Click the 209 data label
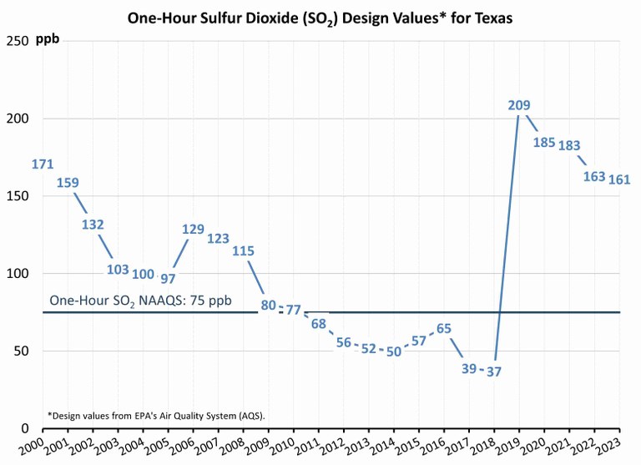519,105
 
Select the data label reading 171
43,164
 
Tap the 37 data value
493,371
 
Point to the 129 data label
193,229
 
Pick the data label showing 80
268,305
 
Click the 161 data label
619,179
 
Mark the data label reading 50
394,351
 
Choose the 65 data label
444,328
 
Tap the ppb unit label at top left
48,40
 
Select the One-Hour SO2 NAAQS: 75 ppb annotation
140,300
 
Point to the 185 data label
544,142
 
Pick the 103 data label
118,270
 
